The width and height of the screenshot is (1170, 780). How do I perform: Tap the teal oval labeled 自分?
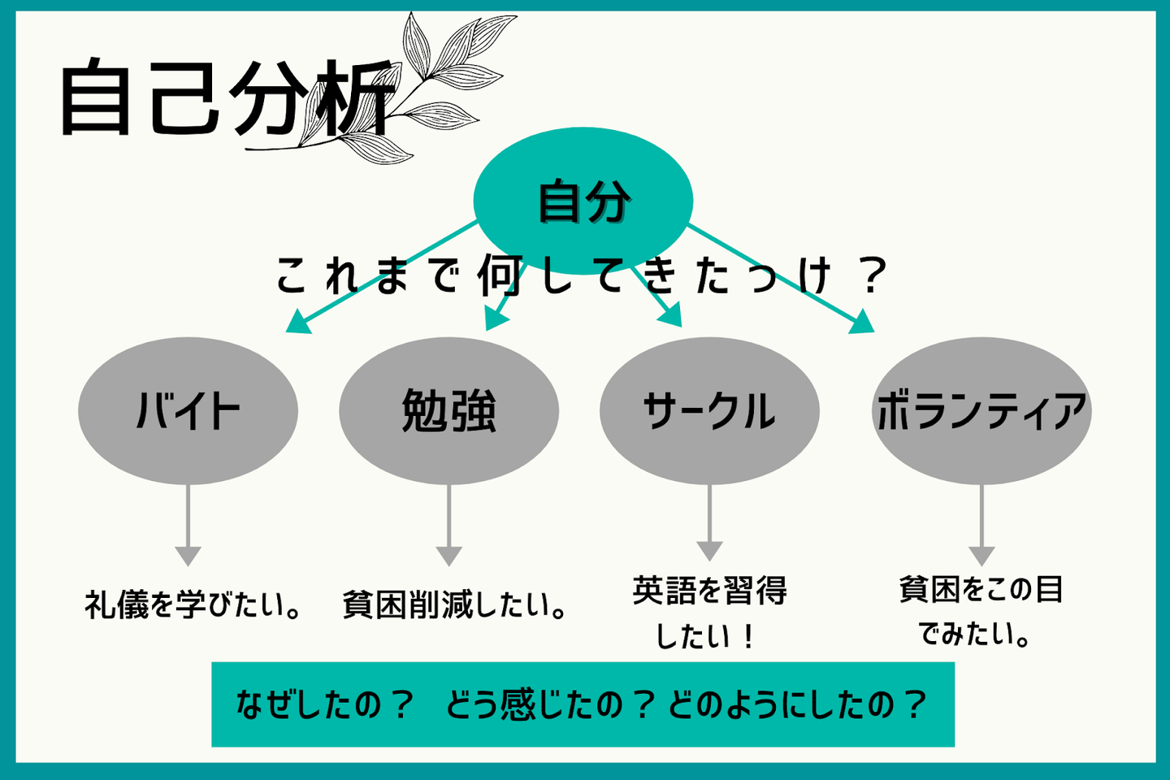click(x=583, y=200)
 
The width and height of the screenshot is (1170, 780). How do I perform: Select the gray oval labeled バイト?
click(x=188, y=411)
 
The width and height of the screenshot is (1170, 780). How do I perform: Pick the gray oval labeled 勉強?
click(x=448, y=411)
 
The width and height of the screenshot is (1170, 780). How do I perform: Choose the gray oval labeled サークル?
click(x=708, y=411)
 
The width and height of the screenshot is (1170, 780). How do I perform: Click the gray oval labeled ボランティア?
click(x=981, y=411)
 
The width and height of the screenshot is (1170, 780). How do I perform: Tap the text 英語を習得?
click(x=709, y=591)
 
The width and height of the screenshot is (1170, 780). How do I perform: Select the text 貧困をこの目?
click(x=981, y=589)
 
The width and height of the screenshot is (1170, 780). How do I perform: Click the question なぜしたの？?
click(x=325, y=704)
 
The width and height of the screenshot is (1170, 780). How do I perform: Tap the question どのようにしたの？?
click(x=796, y=704)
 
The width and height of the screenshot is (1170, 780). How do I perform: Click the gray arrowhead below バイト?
click(x=188, y=556)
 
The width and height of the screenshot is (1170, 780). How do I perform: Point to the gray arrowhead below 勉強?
click(x=448, y=556)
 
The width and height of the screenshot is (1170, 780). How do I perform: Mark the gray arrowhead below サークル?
click(x=709, y=550)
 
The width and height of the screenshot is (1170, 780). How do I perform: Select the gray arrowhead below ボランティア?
click(x=981, y=556)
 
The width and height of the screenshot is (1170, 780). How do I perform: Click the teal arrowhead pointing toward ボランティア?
click(x=863, y=324)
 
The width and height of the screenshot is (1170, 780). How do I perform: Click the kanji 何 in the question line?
click(x=499, y=275)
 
